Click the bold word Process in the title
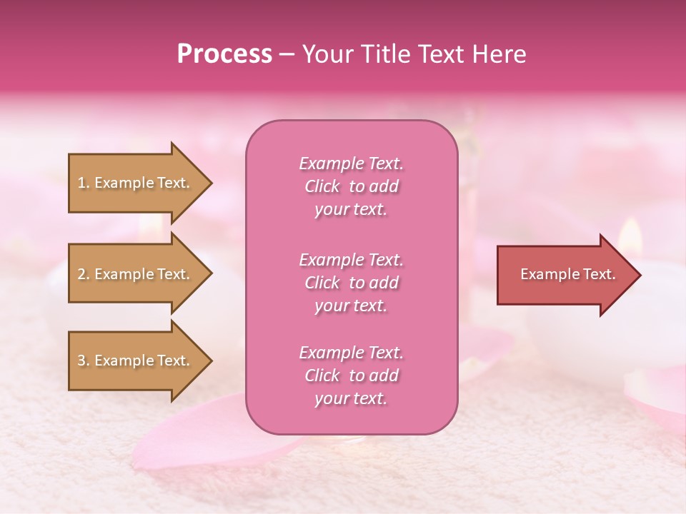(224, 54)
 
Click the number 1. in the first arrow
(84, 183)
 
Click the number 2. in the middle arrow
(84, 274)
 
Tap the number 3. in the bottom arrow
(84, 361)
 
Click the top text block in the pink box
(351, 186)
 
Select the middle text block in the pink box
(351, 283)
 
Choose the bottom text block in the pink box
(351, 376)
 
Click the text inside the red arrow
(568, 274)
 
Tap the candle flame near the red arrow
(630, 233)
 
